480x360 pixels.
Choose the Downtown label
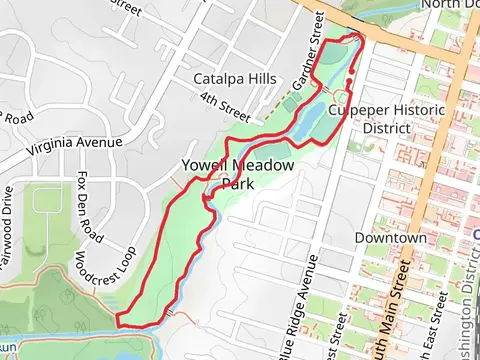pos(390,239)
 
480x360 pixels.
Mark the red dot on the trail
pos(349,84)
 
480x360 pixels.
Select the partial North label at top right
pos(449,5)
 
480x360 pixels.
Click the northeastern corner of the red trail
pos(358,41)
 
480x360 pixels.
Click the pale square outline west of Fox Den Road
pos(47,199)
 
